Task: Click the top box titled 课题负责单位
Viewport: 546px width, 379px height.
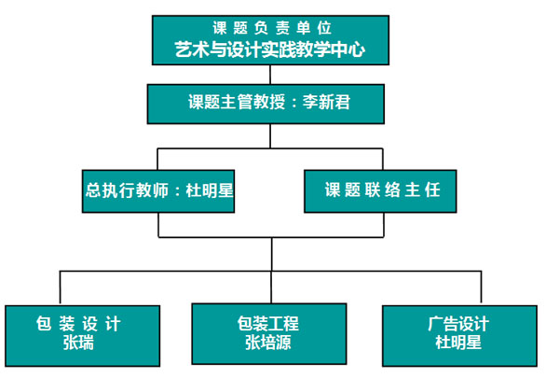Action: pos(270,40)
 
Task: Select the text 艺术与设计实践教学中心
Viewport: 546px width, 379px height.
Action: pos(270,49)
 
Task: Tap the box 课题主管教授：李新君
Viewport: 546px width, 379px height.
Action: pos(266,104)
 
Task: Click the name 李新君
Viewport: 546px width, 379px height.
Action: pos(326,103)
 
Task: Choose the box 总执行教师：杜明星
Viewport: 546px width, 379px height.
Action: pos(158,191)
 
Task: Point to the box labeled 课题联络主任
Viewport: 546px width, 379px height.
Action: pos(380,191)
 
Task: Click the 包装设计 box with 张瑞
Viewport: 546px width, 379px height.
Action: pos(83,336)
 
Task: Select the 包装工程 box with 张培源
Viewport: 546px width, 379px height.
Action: pos(269,334)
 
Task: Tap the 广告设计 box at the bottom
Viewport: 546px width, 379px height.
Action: pos(459,336)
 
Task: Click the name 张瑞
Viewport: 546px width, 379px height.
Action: pos(78,343)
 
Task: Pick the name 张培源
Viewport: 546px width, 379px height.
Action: pos(268,343)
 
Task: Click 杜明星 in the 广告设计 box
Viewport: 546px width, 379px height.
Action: pos(458,343)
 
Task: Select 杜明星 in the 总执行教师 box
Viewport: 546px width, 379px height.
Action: pos(210,190)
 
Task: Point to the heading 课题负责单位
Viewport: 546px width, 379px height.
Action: pos(272,28)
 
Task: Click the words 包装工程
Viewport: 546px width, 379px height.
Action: pos(268,324)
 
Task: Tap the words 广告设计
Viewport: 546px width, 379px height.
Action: pos(458,324)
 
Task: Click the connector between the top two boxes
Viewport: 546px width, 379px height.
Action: pos(270,75)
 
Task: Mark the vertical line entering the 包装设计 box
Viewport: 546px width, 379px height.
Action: pos(60,288)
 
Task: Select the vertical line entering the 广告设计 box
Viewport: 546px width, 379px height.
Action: pos(481,288)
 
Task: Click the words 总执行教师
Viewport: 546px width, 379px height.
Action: pos(127,190)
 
